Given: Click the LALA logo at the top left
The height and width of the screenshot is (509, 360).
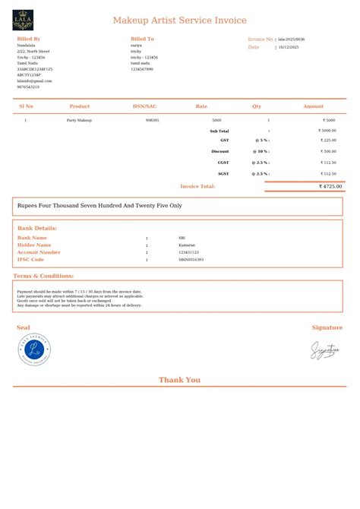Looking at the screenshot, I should point(23,21).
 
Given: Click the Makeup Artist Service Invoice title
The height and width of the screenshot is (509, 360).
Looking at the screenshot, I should point(179,21).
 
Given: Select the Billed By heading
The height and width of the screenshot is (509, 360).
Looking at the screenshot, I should point(29,38).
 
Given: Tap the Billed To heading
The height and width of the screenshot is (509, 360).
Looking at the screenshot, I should point(142,38).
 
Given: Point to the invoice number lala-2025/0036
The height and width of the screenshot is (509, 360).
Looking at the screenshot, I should point(292,39).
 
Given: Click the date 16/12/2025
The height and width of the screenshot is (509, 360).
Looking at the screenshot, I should point(289,47).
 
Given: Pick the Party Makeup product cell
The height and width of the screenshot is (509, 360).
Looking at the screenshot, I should point(79,120).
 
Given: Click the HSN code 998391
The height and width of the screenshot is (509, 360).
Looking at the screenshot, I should point(152,120).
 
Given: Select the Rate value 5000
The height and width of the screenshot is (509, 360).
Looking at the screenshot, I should point(216,120).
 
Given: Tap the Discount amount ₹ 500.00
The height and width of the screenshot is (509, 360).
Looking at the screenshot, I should point(327,151).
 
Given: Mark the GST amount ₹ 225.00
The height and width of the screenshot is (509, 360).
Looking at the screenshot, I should point(327,141).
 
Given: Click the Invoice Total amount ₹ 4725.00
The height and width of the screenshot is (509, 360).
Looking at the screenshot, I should point(330,186).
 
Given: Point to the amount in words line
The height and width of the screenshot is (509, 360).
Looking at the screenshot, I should point(99,206).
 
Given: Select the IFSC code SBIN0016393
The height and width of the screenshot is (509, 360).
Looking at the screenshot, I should point(191,260).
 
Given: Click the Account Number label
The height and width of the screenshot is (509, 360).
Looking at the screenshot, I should point(39,252).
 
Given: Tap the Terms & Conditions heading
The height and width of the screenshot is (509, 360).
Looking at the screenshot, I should point(43,276).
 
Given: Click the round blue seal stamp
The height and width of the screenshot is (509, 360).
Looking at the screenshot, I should point(34,350).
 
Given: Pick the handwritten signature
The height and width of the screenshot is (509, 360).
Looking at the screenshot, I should point(324,350).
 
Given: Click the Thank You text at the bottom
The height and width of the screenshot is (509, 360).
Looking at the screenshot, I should point(179,380).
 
